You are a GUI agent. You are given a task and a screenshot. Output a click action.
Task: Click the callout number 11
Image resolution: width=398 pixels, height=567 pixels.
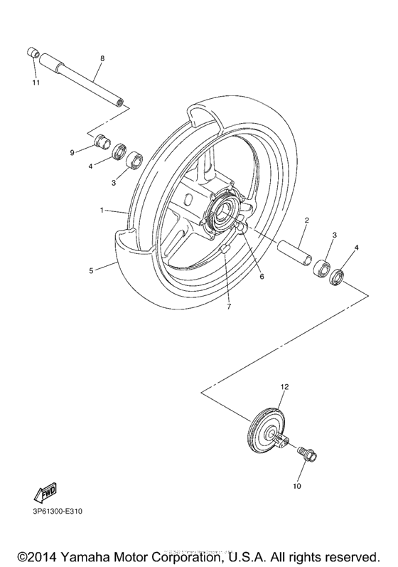pyautogui.click(x=36, y=83)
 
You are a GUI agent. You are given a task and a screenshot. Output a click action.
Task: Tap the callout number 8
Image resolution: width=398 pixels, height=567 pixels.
pyautogui.click(x=102, y=58)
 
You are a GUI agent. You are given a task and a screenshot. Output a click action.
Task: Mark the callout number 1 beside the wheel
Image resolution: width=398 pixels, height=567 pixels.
pyautogui.click(x=102, y=211)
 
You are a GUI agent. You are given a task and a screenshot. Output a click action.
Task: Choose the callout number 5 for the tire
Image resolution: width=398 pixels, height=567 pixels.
pyautogui.click(x=91, y=270)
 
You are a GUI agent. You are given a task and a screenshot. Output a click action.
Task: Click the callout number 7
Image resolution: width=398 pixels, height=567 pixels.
pyautogui.click(x=229, y=307)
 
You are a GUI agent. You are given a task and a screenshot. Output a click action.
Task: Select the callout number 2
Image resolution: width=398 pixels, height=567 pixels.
pyautogui.click(x=306, y=221)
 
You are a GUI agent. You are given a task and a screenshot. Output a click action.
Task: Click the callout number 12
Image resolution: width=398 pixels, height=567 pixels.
pyautogui.click(x=284, y=386)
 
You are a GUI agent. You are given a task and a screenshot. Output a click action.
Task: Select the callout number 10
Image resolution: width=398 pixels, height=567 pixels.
pyautogui.click(x=296, y=487)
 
